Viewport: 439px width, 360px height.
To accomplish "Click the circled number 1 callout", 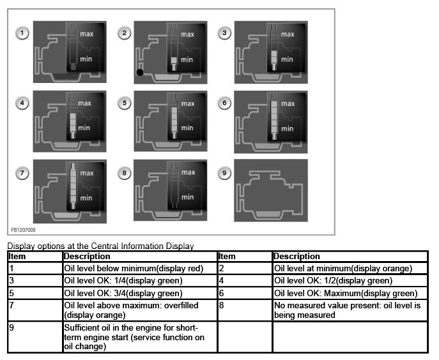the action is coord(23,33).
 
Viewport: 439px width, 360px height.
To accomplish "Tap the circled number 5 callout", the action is coord(125,102).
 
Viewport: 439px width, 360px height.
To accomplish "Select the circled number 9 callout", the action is coord(226,172).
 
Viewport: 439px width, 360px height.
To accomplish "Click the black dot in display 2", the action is coord(139,72).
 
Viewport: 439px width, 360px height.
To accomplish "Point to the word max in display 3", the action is coord(288,34).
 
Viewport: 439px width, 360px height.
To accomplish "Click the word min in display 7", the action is coord(87,197).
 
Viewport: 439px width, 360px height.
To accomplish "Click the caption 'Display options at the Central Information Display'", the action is coord(100,246).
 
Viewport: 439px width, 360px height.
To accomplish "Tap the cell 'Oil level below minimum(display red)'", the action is coord(134,269).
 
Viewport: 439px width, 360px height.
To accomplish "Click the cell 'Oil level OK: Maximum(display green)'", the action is coord(345,293).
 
